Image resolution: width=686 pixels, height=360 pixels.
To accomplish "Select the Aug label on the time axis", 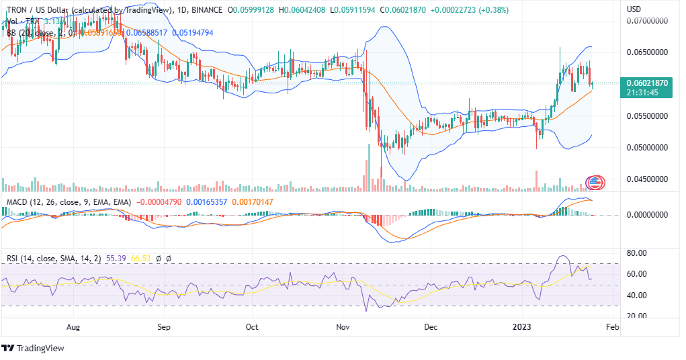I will [x=73, y=327].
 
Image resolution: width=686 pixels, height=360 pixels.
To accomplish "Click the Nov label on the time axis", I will [x=343, y=327].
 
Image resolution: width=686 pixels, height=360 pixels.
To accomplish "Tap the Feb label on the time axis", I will [x=612, y=327].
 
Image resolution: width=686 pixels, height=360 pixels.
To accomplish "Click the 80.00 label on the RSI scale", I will [x=637, y=253].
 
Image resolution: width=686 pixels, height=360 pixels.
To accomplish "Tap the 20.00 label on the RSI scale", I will [x=637, y=316].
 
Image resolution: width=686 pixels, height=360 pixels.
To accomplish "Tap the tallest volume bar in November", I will [x=368, y=168].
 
